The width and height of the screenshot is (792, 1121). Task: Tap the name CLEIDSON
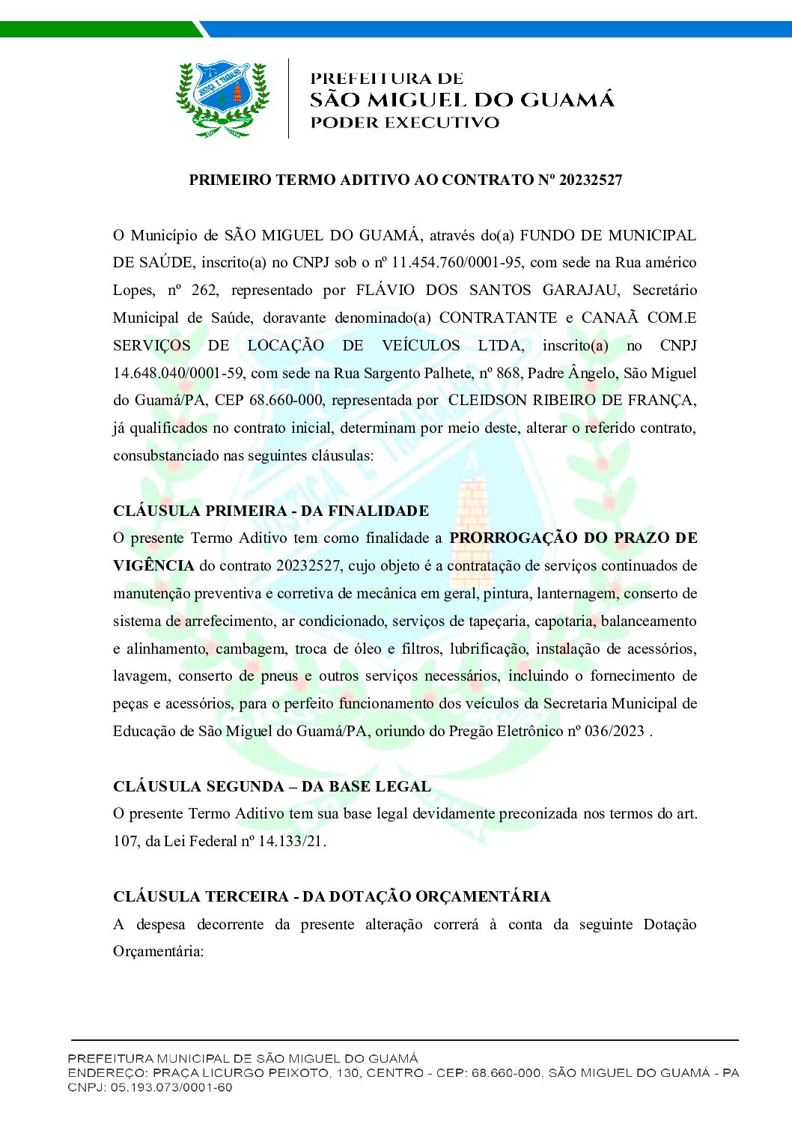tap(487, 401)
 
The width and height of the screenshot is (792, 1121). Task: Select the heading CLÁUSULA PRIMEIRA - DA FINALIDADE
tap(271, 511)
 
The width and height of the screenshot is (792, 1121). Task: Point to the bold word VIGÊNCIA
tap(153, 565)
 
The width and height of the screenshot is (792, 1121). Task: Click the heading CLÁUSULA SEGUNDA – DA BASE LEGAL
tap(272, 786)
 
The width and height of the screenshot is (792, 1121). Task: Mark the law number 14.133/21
tap(290, 841)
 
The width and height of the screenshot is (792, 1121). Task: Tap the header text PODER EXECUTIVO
tap(404, 123)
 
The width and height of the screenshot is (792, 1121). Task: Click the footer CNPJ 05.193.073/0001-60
tap(171, 1087)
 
